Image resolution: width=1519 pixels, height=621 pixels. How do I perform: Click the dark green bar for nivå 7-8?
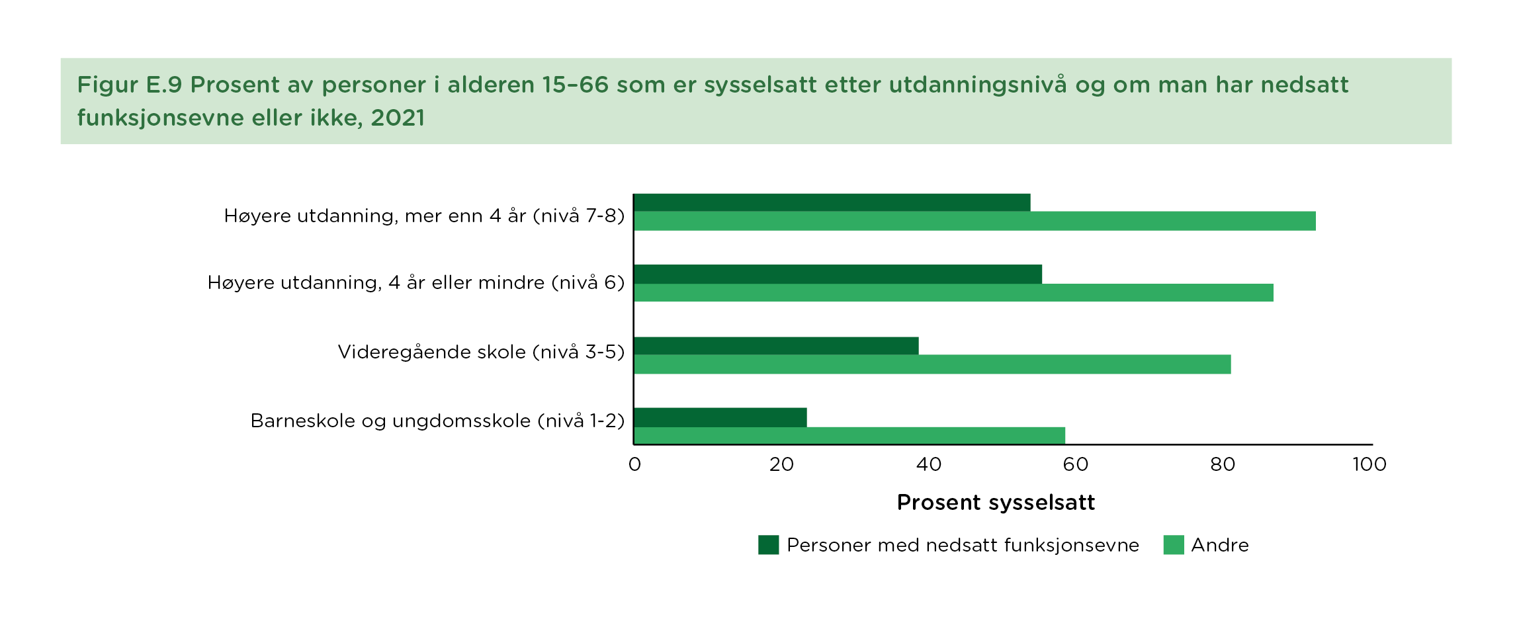pos(832,202)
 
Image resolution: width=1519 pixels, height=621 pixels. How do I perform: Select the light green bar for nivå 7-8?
pos(975,221)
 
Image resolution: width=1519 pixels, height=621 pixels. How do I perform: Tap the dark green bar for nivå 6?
pos(838,274)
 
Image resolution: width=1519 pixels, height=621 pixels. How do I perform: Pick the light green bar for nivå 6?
pos(953,292)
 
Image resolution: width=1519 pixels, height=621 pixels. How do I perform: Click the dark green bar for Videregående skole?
pos(776,346)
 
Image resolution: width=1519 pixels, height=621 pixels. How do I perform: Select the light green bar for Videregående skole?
pos(932,364)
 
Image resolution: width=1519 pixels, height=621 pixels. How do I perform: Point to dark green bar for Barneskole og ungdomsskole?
pos(720,417)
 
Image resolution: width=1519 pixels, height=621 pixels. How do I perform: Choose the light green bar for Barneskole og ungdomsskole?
pos(849,435)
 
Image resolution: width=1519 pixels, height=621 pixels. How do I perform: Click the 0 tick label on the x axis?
pos(634,464)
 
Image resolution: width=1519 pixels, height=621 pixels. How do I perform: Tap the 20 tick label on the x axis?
pos(781,464)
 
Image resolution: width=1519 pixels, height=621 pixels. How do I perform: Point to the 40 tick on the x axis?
pos(928,464)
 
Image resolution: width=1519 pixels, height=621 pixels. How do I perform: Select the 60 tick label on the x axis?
pos(1075,464)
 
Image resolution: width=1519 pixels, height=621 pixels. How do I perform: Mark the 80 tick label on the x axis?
pos(1222,464)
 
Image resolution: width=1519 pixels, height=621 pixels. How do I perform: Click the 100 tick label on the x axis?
pos(1369,464)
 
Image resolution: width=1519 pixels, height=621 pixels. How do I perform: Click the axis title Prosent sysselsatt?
pos(996,503)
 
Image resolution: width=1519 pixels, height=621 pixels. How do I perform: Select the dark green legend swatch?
pos(768,545)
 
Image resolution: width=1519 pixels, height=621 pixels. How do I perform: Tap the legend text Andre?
pos(1219,545)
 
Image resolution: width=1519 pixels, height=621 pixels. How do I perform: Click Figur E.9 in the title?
pos(129,85)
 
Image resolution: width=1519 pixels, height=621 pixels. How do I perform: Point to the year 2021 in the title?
pos(398,118)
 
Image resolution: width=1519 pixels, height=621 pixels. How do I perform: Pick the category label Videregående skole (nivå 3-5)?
pos(481,352)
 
